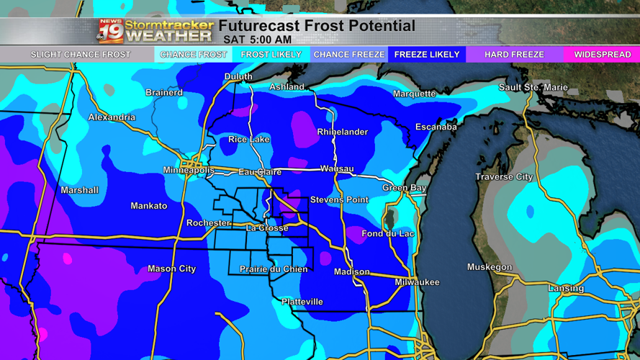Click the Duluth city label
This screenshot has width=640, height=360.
point(238,76)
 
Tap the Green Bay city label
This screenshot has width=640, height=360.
point(404,188)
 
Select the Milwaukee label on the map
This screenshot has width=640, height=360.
point(417,282)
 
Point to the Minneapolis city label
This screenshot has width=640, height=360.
point(189,171)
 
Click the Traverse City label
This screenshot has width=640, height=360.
point(504,177)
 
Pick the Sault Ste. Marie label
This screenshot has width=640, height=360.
point(533,87)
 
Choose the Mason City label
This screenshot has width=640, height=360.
point(171,269)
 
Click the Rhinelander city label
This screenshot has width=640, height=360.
point(342,132)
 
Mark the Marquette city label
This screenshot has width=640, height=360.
point(414,94)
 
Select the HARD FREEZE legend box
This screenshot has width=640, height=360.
point(514,55)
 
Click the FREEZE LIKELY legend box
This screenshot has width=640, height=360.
point(426,55)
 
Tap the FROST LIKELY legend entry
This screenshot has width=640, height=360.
point(271,55)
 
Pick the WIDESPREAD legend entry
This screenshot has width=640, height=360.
point(602,55)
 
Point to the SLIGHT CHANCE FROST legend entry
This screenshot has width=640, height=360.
point(80,55)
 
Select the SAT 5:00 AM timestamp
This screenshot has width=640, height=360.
point(257,40)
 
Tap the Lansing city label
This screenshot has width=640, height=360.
point(566,288)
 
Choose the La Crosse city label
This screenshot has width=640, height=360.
point(267,228)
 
